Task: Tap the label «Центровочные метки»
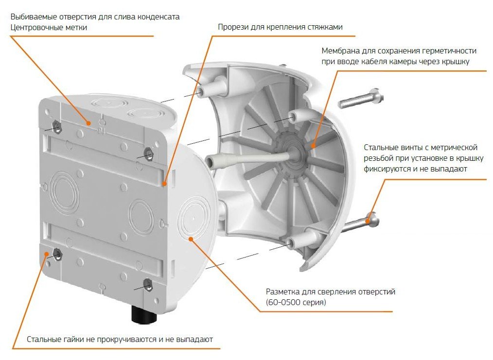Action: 49,27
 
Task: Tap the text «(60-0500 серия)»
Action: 296,302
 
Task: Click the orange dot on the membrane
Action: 313,145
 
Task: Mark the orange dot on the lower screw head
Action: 367,221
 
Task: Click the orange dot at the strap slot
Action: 164,184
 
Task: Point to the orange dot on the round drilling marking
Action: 191,240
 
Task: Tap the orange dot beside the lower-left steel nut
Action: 47,254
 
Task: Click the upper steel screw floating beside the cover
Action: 361,98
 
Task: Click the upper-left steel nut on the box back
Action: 57,127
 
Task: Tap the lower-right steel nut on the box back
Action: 147,285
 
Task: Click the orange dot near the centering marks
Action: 89,123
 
